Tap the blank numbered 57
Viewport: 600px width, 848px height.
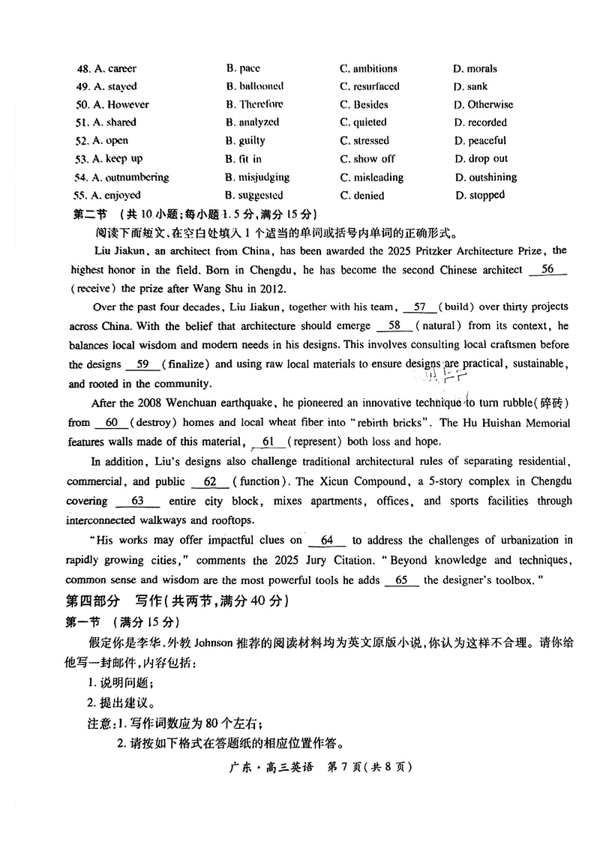click(420, 306)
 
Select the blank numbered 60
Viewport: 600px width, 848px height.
click(111, 423)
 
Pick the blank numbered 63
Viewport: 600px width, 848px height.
click(137, 501)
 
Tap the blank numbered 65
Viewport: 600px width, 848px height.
click(400, 580)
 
